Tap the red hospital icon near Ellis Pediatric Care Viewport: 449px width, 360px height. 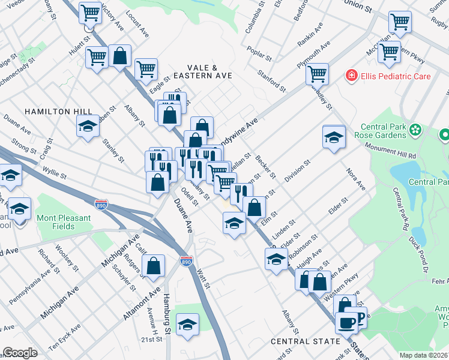coord(350,76)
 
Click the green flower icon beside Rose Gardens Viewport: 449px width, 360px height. coord(415,129)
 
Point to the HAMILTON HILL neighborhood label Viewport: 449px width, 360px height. coord(59,112)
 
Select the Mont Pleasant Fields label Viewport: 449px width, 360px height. coord(64,222)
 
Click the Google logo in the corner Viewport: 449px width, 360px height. coord(20,353)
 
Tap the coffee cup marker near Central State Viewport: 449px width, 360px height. coord(347,323)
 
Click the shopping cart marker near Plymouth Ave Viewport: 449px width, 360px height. coord(316,74)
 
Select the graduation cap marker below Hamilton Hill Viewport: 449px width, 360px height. coord(88,126)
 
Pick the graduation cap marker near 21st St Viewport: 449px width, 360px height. coord(188,324)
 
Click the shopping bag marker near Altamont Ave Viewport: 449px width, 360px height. coord(154,265)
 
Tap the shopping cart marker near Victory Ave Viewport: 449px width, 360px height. coord(90,12)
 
